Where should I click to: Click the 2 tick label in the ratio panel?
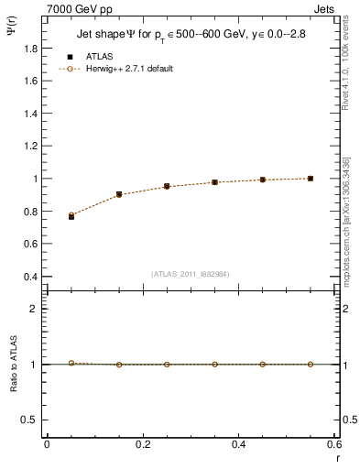(x=36, y=309)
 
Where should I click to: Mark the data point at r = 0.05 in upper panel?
(x=71, y=216)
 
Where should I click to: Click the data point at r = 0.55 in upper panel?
(x=311, y=179)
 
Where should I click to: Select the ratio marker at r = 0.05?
(x=71, y=363)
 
